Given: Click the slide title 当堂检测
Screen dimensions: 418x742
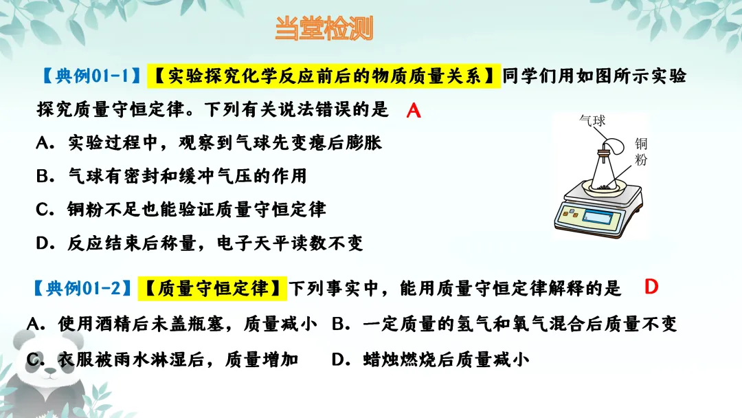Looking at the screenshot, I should click(324, 29).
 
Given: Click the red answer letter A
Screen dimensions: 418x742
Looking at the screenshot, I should click(413, 111).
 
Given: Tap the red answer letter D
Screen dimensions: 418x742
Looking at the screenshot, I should click(651, 287).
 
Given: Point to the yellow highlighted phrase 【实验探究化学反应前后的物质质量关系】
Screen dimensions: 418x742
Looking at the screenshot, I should click(323, 76).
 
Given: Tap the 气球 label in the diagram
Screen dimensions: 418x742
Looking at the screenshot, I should click(592, 121).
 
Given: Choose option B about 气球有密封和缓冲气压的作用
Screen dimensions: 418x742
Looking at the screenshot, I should click(172, 176).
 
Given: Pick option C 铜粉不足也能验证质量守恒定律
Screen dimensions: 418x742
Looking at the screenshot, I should click(181, 209).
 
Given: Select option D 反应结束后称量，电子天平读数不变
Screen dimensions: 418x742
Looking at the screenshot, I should click(199, 243).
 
